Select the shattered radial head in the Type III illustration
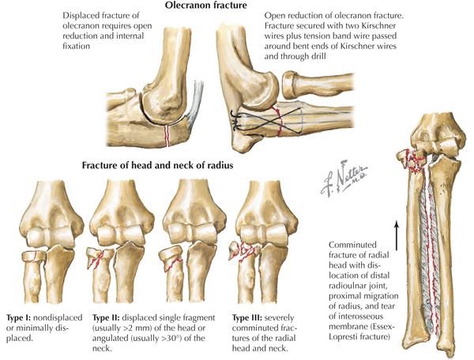point(243,254)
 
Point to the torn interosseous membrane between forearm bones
point(431,261)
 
